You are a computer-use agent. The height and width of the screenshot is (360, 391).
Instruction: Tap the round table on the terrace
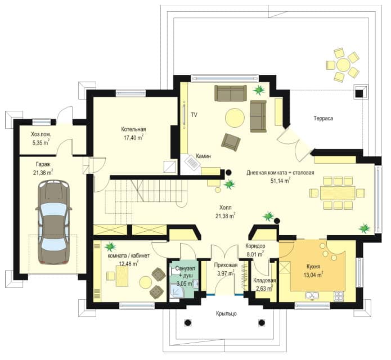pos(343,65)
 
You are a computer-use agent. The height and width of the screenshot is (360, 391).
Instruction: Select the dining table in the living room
pos(338,193)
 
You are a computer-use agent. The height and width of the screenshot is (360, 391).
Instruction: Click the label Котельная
pos(133,129)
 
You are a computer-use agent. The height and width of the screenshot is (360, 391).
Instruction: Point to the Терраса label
pos(323,119)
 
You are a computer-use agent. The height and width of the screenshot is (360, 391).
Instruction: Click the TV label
pos(194,115)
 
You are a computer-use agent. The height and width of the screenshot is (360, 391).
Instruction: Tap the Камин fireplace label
pos(203,156)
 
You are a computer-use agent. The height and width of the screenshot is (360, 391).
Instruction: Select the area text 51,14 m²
pos(280,181)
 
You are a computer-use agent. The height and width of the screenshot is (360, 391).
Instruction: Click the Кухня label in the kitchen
pos(313,267)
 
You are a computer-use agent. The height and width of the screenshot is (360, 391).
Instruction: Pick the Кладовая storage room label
pos(264,281)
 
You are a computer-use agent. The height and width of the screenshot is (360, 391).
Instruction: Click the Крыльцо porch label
pos(226,314)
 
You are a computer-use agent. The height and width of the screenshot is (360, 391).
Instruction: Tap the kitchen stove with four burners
pos(339,296)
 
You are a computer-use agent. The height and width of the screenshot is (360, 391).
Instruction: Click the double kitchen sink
pos(312,296)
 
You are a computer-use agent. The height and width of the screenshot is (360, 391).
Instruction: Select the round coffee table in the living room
pos(235,118)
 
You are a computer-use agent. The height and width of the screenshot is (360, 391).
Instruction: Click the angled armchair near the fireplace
pos(231,142)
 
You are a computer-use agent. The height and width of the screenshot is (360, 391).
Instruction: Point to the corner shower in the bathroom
pos(176,291)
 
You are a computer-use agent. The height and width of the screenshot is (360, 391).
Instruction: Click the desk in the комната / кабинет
pos(122,276)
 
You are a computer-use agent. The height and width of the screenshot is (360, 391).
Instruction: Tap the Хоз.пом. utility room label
pos(41,134)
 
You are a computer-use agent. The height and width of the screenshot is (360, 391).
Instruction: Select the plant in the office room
pos(110,246)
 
